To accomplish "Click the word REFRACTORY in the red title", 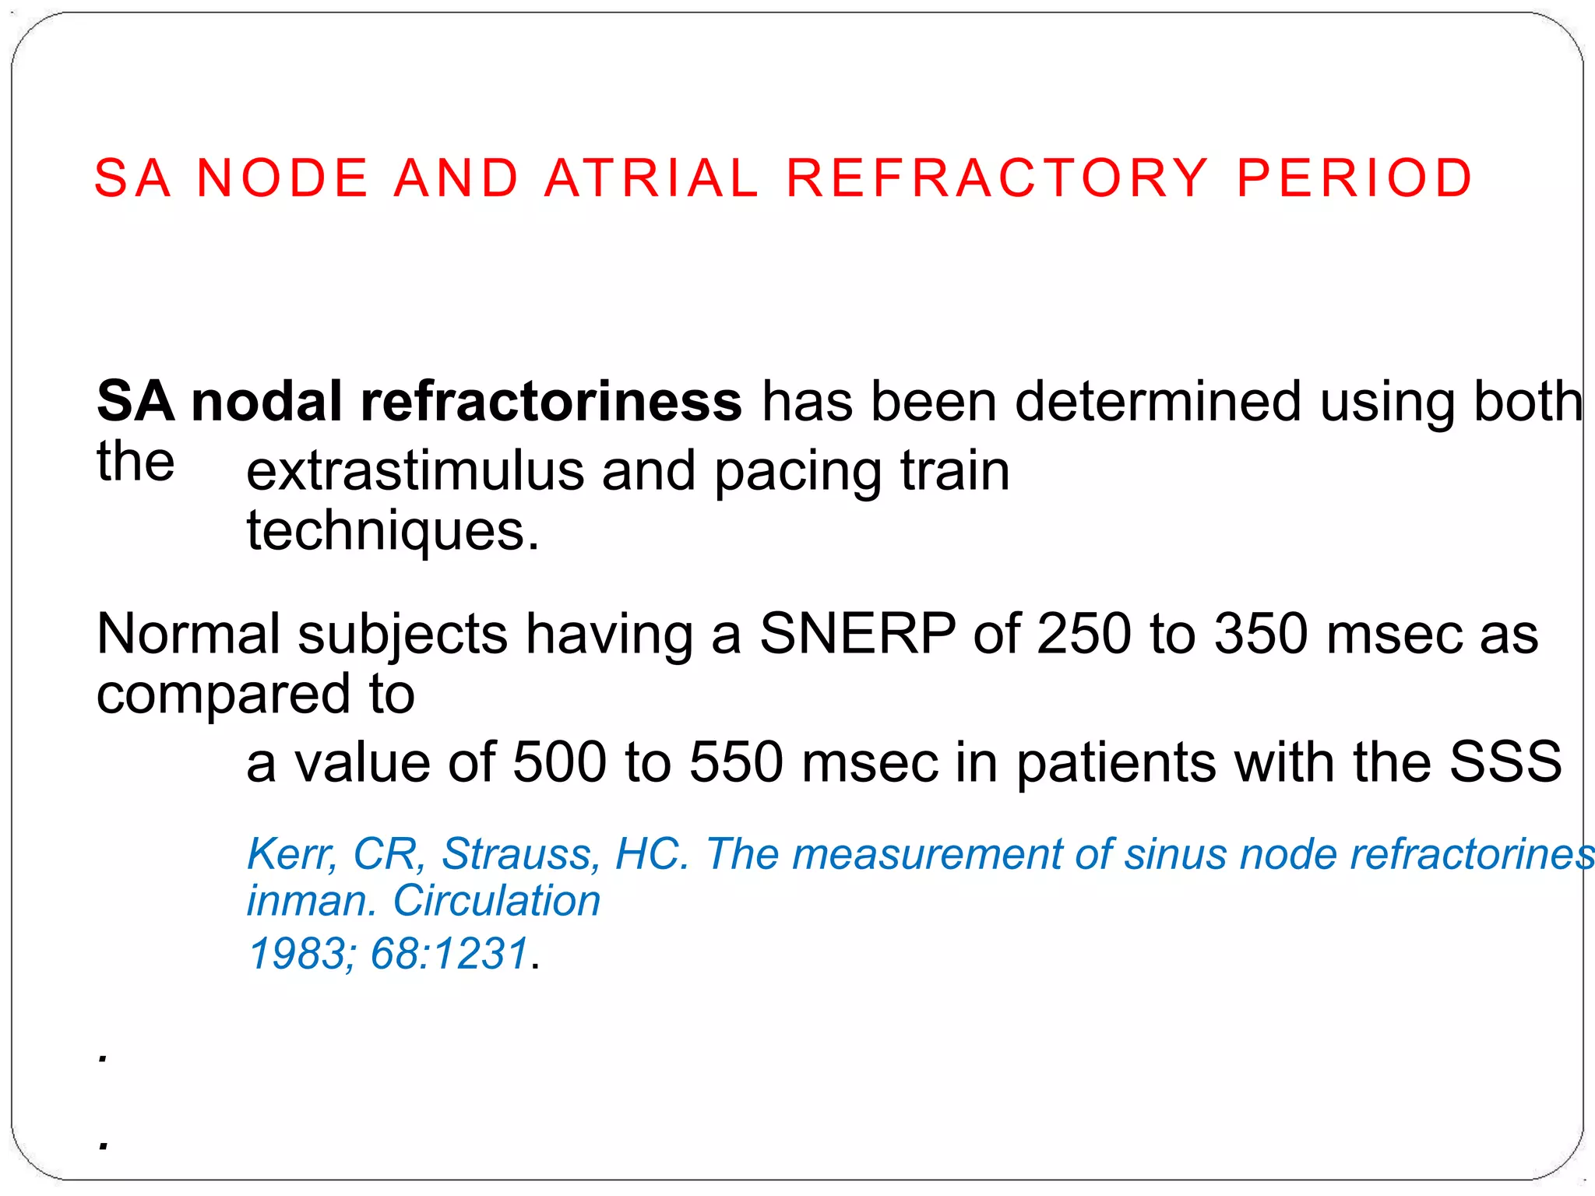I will coord(997,178).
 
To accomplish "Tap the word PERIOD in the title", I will coord(1354,178).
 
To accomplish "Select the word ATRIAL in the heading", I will coord(651,178).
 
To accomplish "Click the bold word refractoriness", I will coord(551,402).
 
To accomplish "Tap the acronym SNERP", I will coord(857,634).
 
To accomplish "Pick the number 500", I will coord(559,762).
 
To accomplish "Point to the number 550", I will coord(736,762).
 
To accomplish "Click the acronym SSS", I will coord(1505,762).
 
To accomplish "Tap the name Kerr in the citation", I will coord(291,854).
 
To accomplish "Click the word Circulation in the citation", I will coord(497,901).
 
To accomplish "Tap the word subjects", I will coord(403,634).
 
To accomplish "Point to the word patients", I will coord(1116,762).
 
